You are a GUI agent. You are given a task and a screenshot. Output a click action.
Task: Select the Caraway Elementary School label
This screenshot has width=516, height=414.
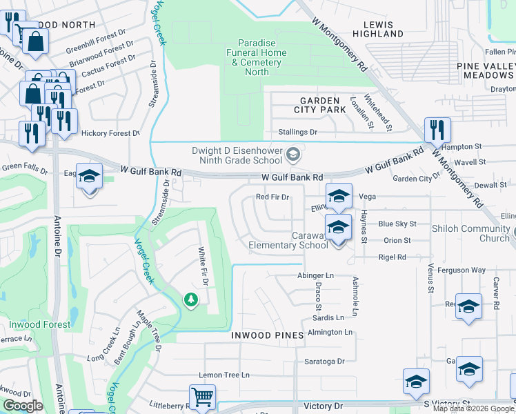coord(288,239)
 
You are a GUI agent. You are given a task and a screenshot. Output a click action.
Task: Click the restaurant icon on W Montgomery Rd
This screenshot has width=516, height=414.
coord(437,130)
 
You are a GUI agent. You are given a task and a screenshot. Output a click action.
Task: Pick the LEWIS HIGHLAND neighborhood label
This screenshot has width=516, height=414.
coord(373,29)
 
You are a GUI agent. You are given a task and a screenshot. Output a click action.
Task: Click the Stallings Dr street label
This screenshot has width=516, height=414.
coord(297,132)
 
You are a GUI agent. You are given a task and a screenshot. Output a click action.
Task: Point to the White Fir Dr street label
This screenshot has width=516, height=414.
coord(203,268)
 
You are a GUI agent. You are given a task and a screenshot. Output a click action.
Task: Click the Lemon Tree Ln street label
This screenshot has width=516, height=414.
coord(224,375)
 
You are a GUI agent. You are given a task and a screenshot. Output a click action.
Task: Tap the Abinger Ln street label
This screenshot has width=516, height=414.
coord(315,275)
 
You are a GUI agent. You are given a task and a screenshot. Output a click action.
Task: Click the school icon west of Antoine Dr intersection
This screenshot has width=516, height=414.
coord(89,177)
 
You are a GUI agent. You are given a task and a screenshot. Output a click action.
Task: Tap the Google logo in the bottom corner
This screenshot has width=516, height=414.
coord(23,406)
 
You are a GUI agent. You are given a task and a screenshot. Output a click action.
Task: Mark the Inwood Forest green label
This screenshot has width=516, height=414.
coord(39,324)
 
